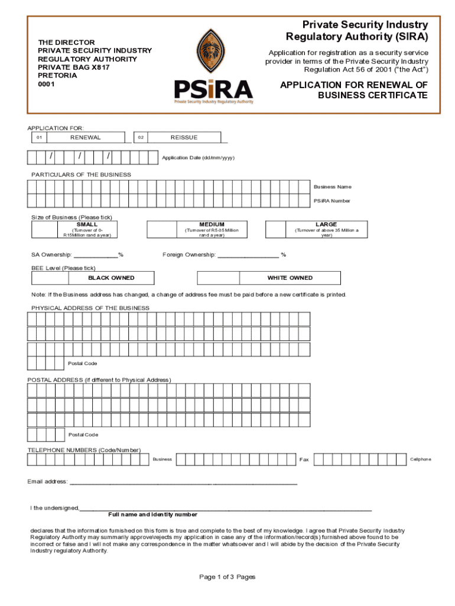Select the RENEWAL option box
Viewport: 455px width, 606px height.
pos(86,137)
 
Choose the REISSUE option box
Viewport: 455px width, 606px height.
pos(184,137)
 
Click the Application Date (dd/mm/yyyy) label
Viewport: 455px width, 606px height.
pos(198,158)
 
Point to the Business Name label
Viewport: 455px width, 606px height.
pos(332,187)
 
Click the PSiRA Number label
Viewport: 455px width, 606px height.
pos(331,201)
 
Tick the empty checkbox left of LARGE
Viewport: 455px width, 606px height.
pos(280,230)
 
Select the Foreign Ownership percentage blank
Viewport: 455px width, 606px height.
pos(248,256)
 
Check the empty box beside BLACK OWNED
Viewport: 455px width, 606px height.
pos(50,278)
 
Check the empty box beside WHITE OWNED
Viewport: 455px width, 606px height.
pos(218,278)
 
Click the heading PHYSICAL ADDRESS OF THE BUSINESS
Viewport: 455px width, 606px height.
pos(90,308)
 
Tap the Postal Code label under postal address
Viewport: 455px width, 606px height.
pos(83,435)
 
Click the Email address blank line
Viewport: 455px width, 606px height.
pos(183,482)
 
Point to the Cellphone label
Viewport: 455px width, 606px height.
pos(421,459)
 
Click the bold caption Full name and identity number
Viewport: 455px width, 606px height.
pos(152,515)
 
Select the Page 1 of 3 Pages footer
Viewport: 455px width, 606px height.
pos(227,577)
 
